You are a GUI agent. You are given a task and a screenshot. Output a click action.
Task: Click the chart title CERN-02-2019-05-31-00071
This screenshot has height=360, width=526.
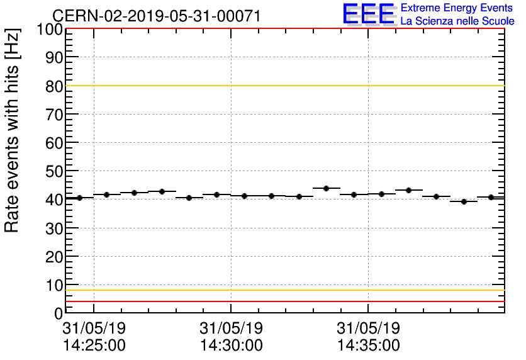[x=156, y=16]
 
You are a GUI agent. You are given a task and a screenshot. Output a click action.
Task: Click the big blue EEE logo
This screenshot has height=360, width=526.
[x=369, y=14]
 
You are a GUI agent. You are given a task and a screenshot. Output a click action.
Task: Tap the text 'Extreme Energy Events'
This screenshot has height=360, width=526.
[x=457, y=8]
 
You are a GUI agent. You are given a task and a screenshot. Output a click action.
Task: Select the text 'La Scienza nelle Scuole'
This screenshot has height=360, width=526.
[x=457, y=21]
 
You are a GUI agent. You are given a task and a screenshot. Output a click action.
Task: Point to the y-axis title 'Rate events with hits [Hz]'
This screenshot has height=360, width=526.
[x=13, y=131]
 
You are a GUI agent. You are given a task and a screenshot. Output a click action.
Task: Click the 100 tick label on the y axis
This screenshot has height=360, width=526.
[x=50, y=30]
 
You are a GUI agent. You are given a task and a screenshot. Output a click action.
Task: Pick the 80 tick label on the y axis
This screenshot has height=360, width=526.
[x=54, y=86]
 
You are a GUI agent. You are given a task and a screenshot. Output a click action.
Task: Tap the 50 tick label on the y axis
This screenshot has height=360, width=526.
[x=54, y=171]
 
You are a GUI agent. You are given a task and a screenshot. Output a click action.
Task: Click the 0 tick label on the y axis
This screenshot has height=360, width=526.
[x=58, y=313]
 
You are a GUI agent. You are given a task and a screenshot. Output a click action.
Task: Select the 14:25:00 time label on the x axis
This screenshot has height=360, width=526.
[x=94, y=346]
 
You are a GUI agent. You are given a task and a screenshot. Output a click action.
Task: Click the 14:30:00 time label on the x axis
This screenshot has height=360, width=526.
[x=231, y=346]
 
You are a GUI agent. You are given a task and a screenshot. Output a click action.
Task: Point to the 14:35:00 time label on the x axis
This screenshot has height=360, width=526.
[x=368, y=346]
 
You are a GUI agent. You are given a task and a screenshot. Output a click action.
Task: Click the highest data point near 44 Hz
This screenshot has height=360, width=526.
[x=326, y=188]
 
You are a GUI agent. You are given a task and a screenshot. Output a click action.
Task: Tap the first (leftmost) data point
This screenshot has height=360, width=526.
[x=79, y=198]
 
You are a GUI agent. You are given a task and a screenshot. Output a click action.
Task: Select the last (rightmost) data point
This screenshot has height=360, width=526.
[x=491, y=197]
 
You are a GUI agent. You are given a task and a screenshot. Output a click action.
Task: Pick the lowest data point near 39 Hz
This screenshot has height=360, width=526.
[x=464, y=201]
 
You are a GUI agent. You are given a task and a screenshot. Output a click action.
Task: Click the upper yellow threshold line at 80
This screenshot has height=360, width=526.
[x=283, y=86]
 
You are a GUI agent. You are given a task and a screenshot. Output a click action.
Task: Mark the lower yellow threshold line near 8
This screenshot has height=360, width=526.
[x=283, y=290]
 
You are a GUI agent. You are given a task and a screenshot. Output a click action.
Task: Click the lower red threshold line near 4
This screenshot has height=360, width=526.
[x=283, y=301]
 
